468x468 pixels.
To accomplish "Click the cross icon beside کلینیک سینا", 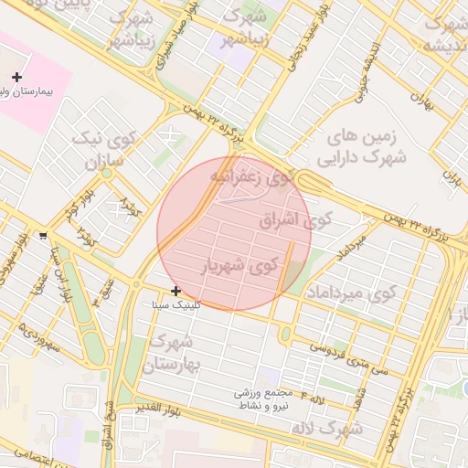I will [175, 291].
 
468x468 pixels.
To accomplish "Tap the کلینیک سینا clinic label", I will [198, 304].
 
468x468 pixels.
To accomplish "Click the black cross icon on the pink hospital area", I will [16, 78].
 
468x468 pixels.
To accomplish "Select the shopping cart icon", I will [44, 236].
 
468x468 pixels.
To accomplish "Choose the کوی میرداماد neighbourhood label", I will [350, 292].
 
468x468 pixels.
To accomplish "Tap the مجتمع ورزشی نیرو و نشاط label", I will [261, 399].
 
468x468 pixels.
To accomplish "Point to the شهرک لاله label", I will [327, 428].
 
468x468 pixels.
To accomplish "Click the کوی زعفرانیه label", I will [255, 176].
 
